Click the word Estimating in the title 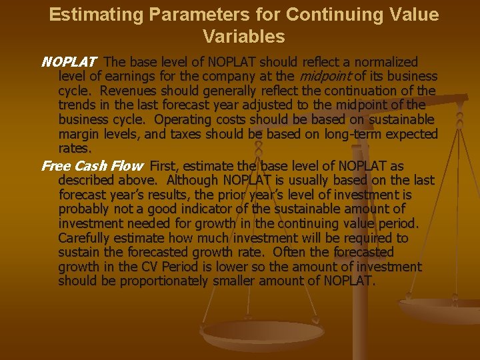pyautogui.click(x=87, y=15)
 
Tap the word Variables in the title pyautogui.click(x=244, y=36)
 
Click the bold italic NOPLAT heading pyautogui.click(x=69, y=62)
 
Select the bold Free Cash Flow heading pyautogui.click(x=92, y=166)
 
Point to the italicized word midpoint pyautogui.click(x=323, y=77)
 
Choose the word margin pyautogui.click(x=79, y=134)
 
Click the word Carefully pyautogui.click(x=85, y=238)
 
